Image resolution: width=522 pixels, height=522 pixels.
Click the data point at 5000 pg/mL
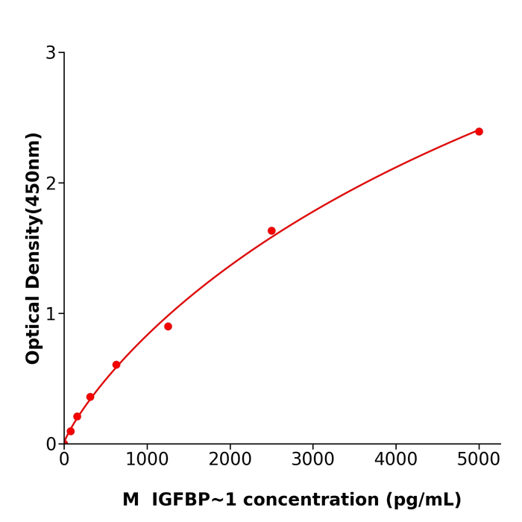[x=479, y=131]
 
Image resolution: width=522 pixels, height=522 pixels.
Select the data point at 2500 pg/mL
[x=271, y=231]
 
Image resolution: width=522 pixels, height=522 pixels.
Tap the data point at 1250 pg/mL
[x=168, y=327]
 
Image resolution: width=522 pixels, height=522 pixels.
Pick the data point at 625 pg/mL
[x=116, y=365]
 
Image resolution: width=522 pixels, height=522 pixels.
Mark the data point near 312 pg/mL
[x=90, y=397]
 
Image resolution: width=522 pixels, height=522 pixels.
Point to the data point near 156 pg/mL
[x=77, y=417]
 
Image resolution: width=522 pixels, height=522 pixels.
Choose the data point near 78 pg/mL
[x=71, y=431]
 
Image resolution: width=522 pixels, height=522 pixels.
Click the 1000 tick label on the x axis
[x=147, y=460]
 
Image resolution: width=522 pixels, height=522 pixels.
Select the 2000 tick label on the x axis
[x=230, y=460]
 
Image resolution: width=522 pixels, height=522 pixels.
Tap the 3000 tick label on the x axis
[x=312, y=460]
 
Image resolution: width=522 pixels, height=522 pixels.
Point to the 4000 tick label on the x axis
[x=395, y=460]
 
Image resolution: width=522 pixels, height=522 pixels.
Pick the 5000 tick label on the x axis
[x=479, y=460]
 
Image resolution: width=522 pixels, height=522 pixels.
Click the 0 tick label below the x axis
[x=64, y=460]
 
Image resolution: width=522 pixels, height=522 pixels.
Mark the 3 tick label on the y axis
[x=51, y=53]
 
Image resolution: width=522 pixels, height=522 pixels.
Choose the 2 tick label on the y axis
[x=51, y=183]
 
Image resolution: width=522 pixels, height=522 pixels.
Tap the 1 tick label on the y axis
[x=51, y=314]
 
